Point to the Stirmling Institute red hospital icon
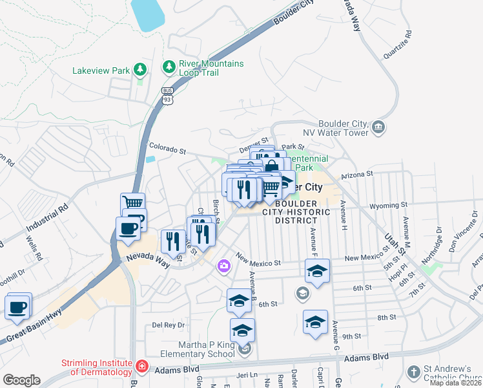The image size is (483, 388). (x=141, y=368)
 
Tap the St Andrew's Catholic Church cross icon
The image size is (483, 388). (x=413, y=372)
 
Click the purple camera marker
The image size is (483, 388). (x=224, y=265)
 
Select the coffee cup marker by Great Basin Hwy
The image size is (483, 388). (x=17, y=307)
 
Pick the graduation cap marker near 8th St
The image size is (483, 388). (x=314, y=322)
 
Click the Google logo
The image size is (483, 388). (x=21, y=380)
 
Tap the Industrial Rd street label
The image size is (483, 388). (x=46, y=220)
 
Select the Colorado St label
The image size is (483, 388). (x=167, y=148)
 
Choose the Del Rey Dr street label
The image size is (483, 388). (x=168, y=325)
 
